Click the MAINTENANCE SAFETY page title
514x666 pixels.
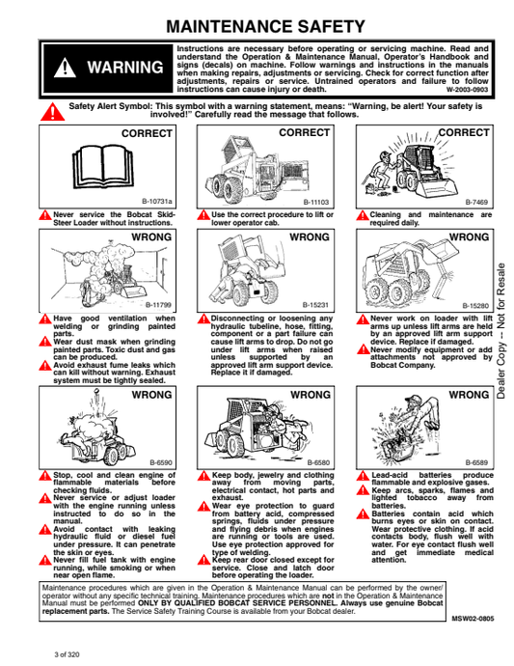(x=265, y=26)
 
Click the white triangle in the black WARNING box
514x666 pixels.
(x=65, y=68)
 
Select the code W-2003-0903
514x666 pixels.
(x=467, y=90)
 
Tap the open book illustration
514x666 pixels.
(x=103, y=166)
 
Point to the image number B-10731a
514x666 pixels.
(x=156, y=202)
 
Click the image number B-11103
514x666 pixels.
(x=315, y=202)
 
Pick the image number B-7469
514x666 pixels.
(x=476, y=202)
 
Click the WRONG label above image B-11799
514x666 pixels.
(x=151, y=237)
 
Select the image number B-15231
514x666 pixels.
(x=315, y=305)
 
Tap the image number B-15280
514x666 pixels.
(x=475, y=305)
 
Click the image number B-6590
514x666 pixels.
(x=161, y=462)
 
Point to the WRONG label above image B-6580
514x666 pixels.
(x=311, y=395)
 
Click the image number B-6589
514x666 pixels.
(x=476, y=462)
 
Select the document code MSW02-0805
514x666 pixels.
(x=473, y=619)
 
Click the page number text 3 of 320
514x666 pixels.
(x=67, y=654)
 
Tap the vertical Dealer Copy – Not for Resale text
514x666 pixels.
(x=501, y=331)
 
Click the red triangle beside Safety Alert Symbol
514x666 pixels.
(x=53, y=112)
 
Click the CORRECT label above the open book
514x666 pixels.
(x=147, y=134)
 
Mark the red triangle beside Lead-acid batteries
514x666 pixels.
(x=363, y=476)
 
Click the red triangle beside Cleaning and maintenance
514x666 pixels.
(x=362, y=215)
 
